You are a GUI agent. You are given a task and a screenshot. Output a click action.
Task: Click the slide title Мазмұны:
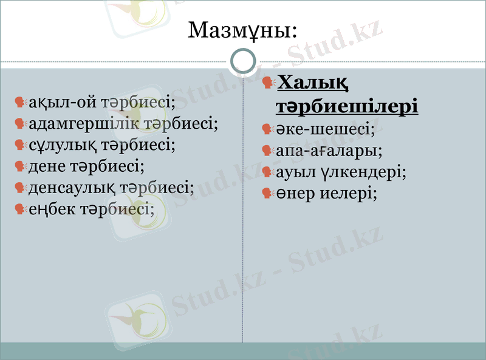point(242,30)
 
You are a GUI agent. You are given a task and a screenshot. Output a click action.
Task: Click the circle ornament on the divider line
point(244,61)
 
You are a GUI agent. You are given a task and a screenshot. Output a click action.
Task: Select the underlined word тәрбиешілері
point(347,106)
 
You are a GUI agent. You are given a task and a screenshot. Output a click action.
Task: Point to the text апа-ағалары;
point(329,151)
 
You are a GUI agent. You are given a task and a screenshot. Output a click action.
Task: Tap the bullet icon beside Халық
point(268,81)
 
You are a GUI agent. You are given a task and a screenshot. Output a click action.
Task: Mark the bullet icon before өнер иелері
point(267,194)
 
